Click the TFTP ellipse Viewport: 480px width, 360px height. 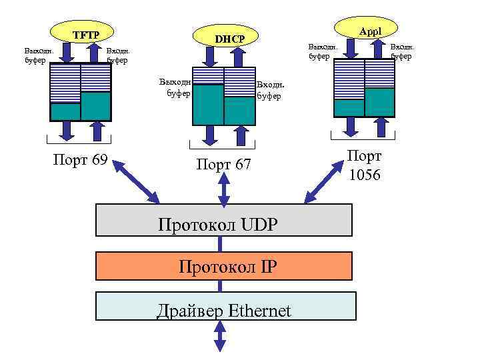[x=85, y=33]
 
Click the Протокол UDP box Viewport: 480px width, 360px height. [x=224, y=220]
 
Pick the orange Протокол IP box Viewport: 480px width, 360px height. [x=224, y=266]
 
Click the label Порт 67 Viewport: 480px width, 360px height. [x=223, y=163]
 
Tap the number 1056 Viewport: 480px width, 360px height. [x=365, y=175]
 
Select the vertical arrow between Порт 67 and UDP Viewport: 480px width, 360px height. [x=224, y=190]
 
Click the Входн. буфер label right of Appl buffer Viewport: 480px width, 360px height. [x=402, y=51]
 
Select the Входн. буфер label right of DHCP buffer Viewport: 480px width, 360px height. [x=270, y=91]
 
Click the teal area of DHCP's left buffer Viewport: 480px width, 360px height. [x=208, y=105]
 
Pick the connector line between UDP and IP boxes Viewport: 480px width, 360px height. [x=219, y=244]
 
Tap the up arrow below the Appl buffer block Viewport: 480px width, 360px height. [x=381, y=128]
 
